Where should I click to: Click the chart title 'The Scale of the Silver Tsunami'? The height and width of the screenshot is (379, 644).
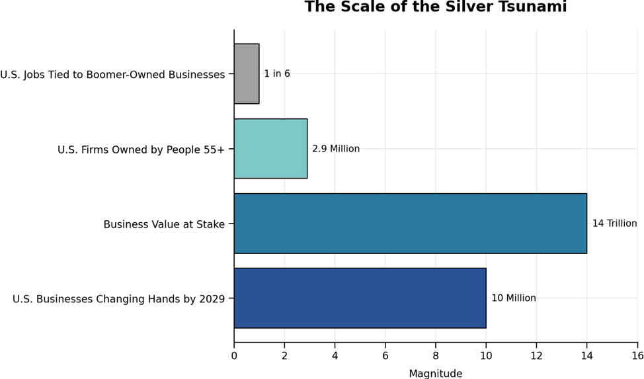click(x=435, y=8)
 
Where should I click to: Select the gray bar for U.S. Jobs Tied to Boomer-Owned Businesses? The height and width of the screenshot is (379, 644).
click(x=247, y=74)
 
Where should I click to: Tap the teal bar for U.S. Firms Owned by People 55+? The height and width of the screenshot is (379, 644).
click(x=270, y=149)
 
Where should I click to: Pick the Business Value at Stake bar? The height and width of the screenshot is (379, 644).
click(x=410, y=224)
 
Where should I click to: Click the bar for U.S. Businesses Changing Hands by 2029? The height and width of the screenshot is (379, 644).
click(x=360, y=298)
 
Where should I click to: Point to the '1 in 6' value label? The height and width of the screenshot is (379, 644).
click(x=277, y=74)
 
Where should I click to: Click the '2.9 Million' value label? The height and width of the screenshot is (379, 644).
click(x=336, y=149)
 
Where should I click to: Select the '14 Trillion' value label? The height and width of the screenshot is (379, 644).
click(x=614, y=224)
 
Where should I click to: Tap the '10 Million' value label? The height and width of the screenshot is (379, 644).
click(x=514, y=298)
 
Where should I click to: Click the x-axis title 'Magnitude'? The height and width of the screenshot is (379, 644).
click(x=435, y=374)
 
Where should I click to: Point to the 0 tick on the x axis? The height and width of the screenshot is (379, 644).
click(x=234, y=356)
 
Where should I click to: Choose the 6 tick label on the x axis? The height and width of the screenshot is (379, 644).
click(x=385, y=356)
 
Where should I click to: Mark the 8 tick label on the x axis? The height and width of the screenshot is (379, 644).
click(x=436, y=356)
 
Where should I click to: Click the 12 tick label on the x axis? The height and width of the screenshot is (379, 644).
click(x=536, y=356)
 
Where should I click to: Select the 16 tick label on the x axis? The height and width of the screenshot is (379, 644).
click(x=637, y=356)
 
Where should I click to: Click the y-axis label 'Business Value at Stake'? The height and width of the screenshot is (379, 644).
click(x=164, y=225)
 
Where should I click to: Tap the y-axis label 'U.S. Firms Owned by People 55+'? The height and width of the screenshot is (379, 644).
click(x=141, y=150)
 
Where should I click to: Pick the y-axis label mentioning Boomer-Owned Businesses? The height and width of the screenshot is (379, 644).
click(x=112, y=75)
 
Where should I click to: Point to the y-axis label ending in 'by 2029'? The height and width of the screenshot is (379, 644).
click(x=119, y=300)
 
